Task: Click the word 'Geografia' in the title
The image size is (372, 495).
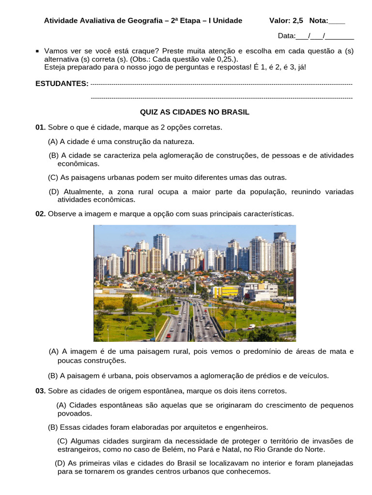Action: click(142, 21)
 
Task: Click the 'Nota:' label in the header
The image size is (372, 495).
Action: click(319, 21)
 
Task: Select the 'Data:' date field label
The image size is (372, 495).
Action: click(286, 36)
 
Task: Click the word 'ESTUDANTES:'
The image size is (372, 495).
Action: click(62, 84)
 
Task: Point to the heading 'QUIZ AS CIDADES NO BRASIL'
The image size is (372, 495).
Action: click(195, 112)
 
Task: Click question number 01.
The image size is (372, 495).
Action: click(40, 127)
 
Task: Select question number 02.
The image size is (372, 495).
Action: click(40, 214)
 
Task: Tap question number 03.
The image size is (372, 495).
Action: click(40, 391)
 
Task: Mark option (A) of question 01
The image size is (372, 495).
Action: click(53, 142)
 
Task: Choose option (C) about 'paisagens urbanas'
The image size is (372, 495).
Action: click(53, 177)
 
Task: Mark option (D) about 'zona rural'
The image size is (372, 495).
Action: click(54, 192)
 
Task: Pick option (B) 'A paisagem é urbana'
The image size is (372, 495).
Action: click(53, 375)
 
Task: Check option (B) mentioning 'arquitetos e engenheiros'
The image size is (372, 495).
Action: click(53, 427)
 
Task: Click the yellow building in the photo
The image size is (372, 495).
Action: click(225, 291)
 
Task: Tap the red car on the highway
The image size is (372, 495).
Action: click(168, 335)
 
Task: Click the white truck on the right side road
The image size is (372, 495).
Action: click(251, 326)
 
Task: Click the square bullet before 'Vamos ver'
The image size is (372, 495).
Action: click(38, 50)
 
